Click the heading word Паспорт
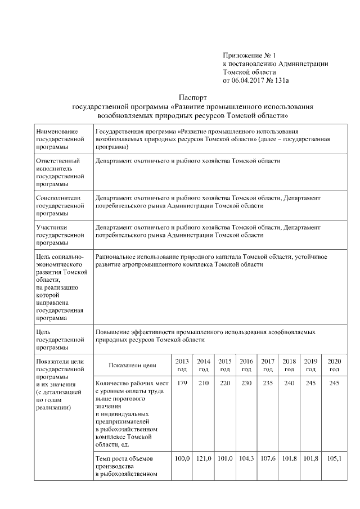(193, 97)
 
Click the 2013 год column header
(182, 364)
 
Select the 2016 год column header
(246, 364)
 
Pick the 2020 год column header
(334, 364)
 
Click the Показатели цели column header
(132, 365)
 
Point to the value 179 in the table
(182, 383)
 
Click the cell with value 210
(204, 383)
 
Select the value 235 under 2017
(268, 383)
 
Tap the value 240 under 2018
(289, 383)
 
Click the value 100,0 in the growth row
(182, 459)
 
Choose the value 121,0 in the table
(204, 459)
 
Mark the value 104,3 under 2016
(246, 459)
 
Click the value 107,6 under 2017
(268, 459)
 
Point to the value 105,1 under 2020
(334, 459)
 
